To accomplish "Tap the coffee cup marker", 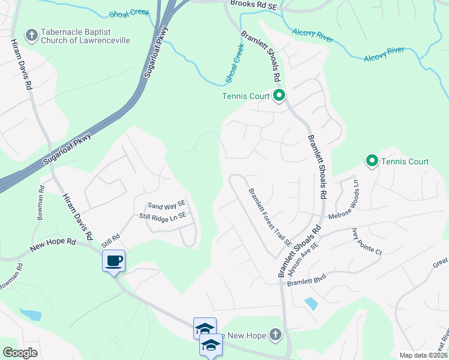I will click(113, 260).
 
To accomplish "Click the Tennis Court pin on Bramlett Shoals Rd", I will click(279, 95).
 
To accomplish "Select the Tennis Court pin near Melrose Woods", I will click(372, 161).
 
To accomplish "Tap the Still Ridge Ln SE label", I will click(163, 216).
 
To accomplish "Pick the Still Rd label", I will click(111, 239).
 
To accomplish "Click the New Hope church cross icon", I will click(275, 334).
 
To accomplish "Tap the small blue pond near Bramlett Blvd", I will click(311, 304).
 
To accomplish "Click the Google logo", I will click(20, 353).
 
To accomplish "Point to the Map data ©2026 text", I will click(423, 355).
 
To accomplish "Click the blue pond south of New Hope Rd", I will click(30, 314).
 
